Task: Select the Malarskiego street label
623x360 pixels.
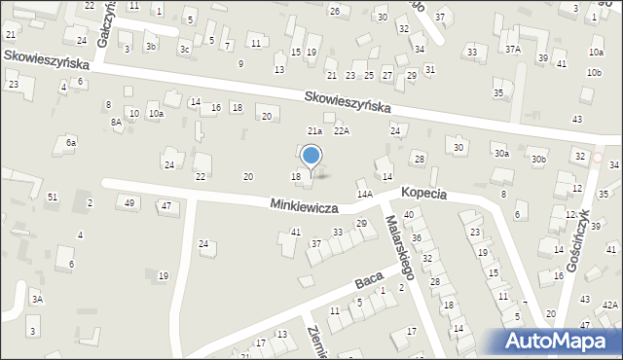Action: click(401, 247)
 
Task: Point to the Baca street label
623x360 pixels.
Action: click(368, 281)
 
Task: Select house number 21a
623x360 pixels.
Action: click(314, 130)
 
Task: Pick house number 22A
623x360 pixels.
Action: click(341, 130)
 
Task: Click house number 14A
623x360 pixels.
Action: click(365, 195)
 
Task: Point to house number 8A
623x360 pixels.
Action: click(116, 122)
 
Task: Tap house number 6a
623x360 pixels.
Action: click(70, 142)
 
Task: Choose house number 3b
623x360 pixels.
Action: click(150, 46)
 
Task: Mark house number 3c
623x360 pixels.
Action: click(184, 48)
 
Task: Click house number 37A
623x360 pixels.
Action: click(512, 49)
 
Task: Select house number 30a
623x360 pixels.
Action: click(501, 153)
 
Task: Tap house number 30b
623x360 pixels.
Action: click(538, 159)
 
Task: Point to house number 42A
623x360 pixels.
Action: click(609, 305)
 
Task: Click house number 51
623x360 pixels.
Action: click(53, 198)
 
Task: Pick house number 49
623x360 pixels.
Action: click(129, 202)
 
